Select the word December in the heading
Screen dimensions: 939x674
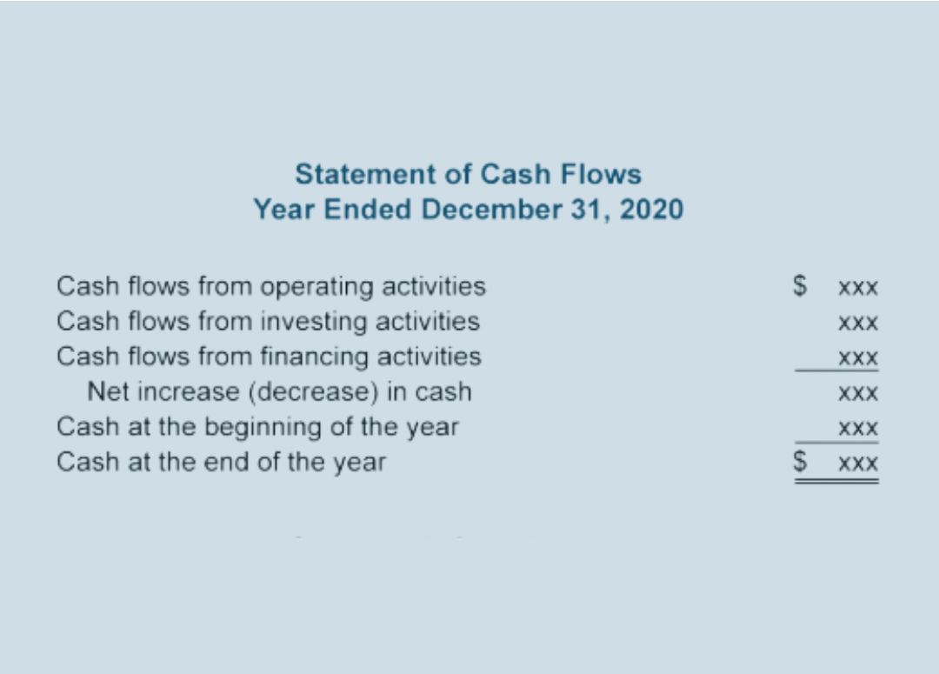[x=491, y=210]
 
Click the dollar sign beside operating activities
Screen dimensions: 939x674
[x=800, y=285]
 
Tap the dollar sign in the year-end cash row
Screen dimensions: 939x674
[x=800, y=461]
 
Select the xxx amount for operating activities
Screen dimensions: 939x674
[x=858, y=288]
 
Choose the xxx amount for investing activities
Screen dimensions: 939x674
[x=858, y=324]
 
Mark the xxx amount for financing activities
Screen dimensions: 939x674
[x=858, y=358]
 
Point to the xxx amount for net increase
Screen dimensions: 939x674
[x=858, y=394]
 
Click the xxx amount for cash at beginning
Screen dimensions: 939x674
[x=858, y=429]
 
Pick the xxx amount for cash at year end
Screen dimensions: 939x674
[x=858, y=464]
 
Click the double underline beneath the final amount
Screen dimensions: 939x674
[x=836, y=480]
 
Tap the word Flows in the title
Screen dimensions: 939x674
[x=601, y=174]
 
